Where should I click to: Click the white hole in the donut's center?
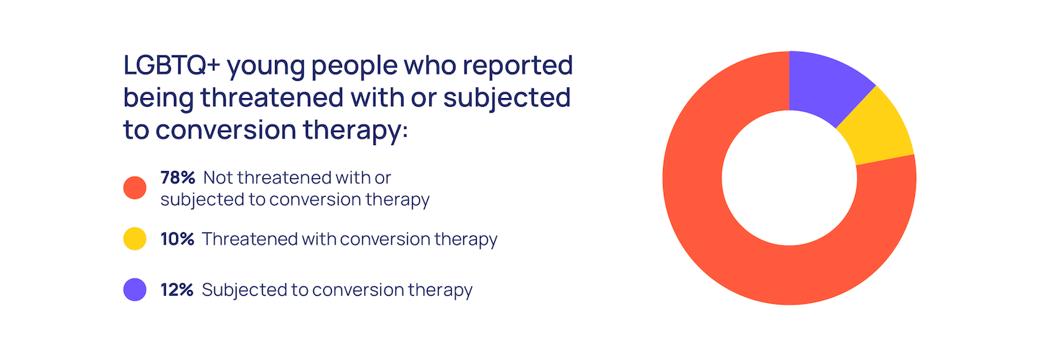coord(789,178)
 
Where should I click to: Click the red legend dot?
coord(135,188)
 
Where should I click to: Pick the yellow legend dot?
coord(135,239)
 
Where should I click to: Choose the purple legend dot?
coord(135,289)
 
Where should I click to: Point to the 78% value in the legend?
coord(177,177)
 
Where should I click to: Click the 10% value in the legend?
coord(177,239)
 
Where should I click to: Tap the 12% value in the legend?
coord(177,290)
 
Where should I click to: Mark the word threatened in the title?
coord(272,98)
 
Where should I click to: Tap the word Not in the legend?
coord(218,177)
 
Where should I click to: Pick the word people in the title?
coord(354,68)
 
